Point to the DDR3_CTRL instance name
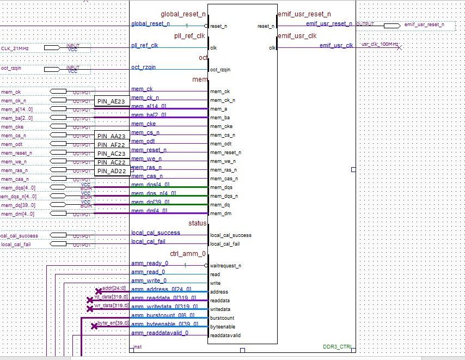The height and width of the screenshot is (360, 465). (x=337, y=346)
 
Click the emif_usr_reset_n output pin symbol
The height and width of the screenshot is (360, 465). (x=391, y=25)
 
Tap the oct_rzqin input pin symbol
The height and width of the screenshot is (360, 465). (x=51, y=69)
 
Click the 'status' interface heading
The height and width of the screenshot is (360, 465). (x=198, y=223)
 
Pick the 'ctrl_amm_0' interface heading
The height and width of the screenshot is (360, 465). (x=188, y=254)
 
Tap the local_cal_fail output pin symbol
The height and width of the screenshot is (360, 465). (x=58, y=245)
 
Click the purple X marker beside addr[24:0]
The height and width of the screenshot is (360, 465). (x=99, y=291)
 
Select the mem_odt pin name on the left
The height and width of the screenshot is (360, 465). (x=10, y=144)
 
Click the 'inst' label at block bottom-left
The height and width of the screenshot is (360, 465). (x=138, y=346)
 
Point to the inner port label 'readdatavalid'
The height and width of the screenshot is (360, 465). (x=225, y=335)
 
